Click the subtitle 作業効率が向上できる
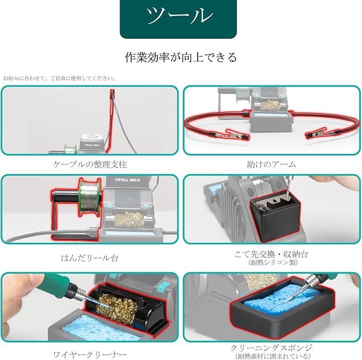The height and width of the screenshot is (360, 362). click(181, 57)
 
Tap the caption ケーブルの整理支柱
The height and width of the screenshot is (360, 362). click(90, 164)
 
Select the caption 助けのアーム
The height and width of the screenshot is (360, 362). click(271, 164)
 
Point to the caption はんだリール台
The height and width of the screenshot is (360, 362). click(89, 258)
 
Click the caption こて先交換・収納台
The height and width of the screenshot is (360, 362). click(271, 254)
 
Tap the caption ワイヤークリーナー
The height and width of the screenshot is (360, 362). click(90, 354)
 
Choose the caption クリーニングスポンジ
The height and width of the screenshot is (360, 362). click(271, 347)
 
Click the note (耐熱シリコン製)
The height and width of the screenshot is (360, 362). click(273, 262)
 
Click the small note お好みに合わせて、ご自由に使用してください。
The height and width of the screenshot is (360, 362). click(59, 78)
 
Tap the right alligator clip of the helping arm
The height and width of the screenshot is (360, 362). click(318, 134)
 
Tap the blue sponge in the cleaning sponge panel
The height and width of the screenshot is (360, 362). click(282, 299)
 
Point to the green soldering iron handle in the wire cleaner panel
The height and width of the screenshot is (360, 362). click(55, 283)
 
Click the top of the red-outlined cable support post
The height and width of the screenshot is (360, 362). click(112, 91)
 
